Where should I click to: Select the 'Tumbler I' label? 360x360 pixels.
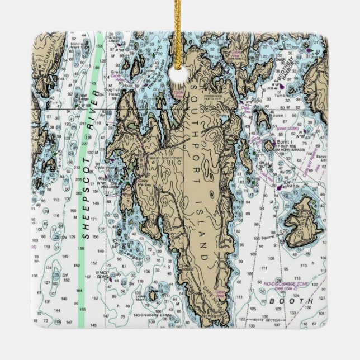(x=281, y=96)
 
